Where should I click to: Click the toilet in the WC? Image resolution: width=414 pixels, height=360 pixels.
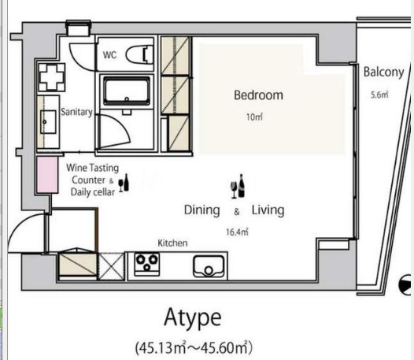(x=139, y=54)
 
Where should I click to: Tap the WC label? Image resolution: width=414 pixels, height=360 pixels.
(x=109, y=55)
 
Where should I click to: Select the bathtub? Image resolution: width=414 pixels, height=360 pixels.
(x=127, y=91)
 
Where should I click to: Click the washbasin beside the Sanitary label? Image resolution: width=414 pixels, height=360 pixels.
(x=48, y=122)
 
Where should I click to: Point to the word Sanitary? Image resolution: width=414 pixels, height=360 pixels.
(x=76, y=112)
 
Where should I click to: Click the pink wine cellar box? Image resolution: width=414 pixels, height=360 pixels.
(x=47, y=175)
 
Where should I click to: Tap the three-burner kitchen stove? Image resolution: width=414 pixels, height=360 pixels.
(x=147, y=264)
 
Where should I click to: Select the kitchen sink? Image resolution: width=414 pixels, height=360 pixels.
(x=209, y=266)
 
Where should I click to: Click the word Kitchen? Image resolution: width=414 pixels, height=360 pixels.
(x=172, y=243)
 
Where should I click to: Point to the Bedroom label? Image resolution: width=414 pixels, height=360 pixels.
(x=258, y=95)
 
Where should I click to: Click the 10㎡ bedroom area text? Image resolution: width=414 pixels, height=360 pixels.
(x=254, y=117)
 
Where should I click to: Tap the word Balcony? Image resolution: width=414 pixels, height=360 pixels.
(x=383, y=72)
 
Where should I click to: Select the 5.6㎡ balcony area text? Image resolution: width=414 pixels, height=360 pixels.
(x=379, y=95)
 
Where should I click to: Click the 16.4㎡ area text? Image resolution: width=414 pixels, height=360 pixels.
(x=237, y=232)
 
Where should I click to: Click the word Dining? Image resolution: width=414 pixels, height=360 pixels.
(x=202, y=210)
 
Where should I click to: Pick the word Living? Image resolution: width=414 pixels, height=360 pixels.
(x=268, y=210)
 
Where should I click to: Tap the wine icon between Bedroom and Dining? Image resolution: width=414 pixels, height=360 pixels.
(x=238, y=187)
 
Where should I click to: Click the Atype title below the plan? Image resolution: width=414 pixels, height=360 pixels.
(x=193, y=318)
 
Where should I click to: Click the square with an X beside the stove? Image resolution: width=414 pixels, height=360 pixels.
(x=112, y=266)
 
